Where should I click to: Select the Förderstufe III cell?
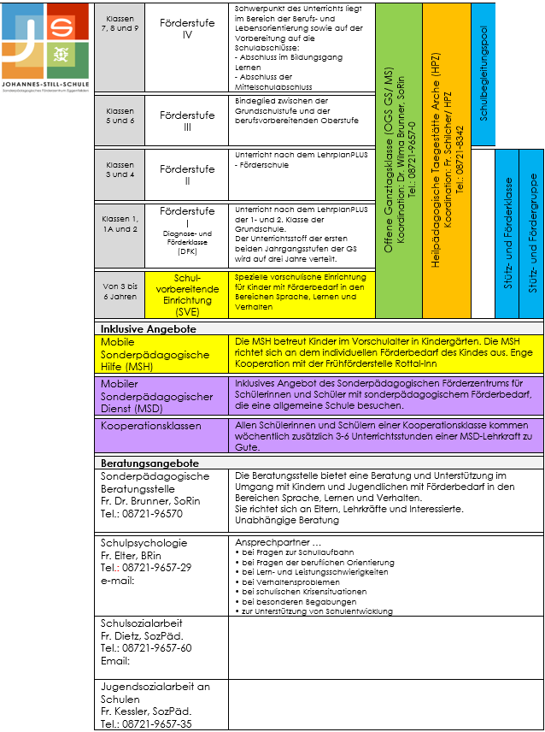[187, 121]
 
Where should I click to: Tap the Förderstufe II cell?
[187, 175]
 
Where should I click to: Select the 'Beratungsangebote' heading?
[149, 487]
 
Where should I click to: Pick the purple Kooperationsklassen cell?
[151, 450]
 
